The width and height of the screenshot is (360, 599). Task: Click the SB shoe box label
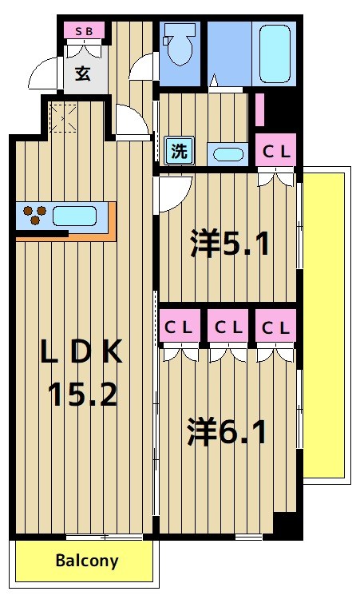coord(84,31)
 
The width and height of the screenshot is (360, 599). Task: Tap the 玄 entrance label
coord(83,73)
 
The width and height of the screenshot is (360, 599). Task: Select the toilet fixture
coord(179,47)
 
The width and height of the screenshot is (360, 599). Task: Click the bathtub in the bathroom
coord(275,53)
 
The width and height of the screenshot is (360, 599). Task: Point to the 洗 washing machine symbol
coord(180,150)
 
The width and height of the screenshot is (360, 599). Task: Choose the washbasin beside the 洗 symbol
coord(231,153)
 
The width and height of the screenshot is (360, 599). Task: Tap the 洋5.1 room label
coord(229,244)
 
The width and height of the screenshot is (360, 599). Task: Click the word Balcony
coord(86,561)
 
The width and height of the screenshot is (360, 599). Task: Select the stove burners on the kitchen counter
coord(34,216)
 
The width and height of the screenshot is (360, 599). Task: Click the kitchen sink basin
coord(74,216)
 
